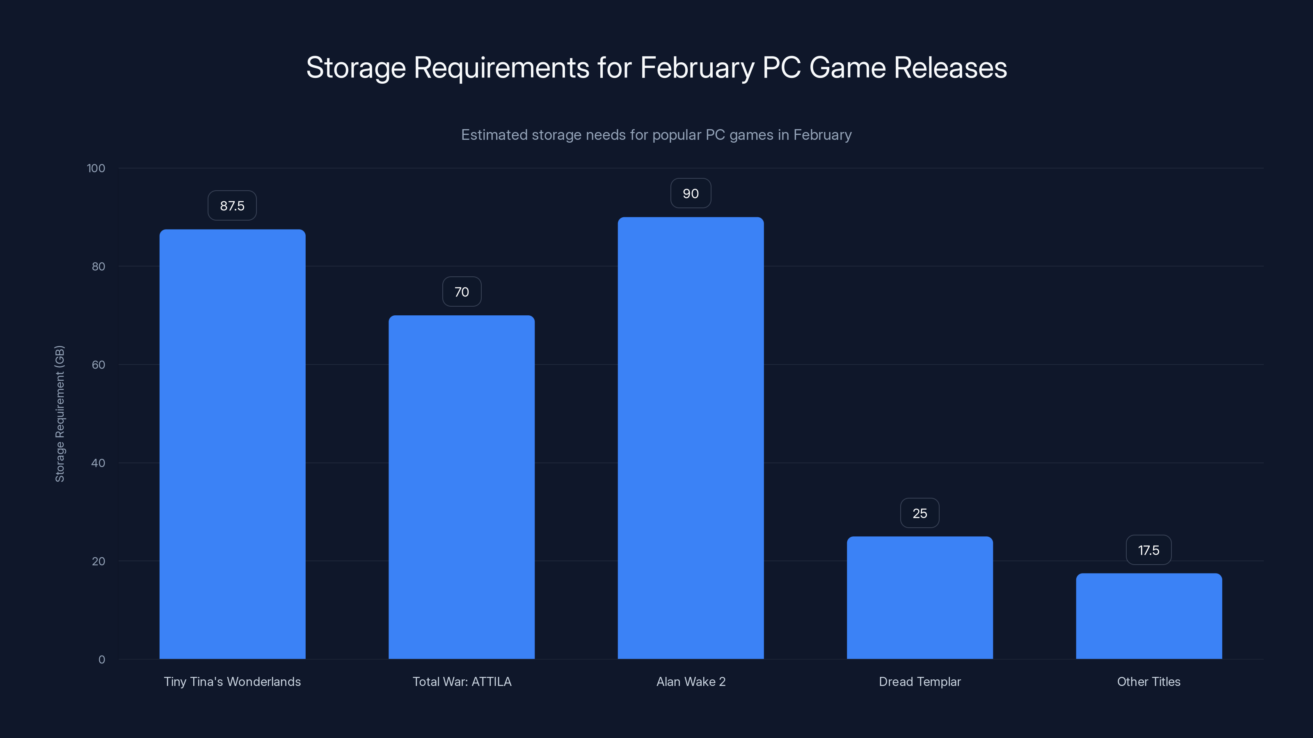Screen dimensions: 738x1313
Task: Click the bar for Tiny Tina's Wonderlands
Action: coord(232,444)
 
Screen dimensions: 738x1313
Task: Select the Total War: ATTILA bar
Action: coord(461,487)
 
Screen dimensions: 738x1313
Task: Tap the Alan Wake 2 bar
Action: coord(691,438)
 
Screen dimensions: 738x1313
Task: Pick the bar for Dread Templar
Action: coord(920,597)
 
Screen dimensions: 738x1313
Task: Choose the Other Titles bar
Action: coord(1149,616)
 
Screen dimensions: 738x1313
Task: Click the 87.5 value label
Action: coord(232,206)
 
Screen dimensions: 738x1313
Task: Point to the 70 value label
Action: coord(461,292)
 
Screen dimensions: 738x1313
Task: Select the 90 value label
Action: coord(691,194)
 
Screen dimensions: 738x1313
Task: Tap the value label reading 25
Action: coord(920,513)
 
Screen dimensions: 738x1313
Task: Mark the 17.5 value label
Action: coord(1148,550)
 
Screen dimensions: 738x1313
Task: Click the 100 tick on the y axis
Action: coord(96,168)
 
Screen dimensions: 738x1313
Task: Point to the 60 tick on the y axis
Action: coord(98,364)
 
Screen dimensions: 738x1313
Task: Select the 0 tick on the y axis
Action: coord(102,660)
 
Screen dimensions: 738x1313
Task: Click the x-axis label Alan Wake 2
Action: coord(691,681)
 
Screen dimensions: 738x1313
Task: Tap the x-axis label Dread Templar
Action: coord(920,681)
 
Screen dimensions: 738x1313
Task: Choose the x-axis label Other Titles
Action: coord(1148,681)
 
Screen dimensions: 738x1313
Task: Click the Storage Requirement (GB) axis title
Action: coord(59,414)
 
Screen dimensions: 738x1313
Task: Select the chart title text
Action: coord(656,68)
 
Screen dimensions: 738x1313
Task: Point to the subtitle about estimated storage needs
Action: coord(656,135)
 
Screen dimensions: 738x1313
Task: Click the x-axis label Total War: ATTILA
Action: coord(462,681)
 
